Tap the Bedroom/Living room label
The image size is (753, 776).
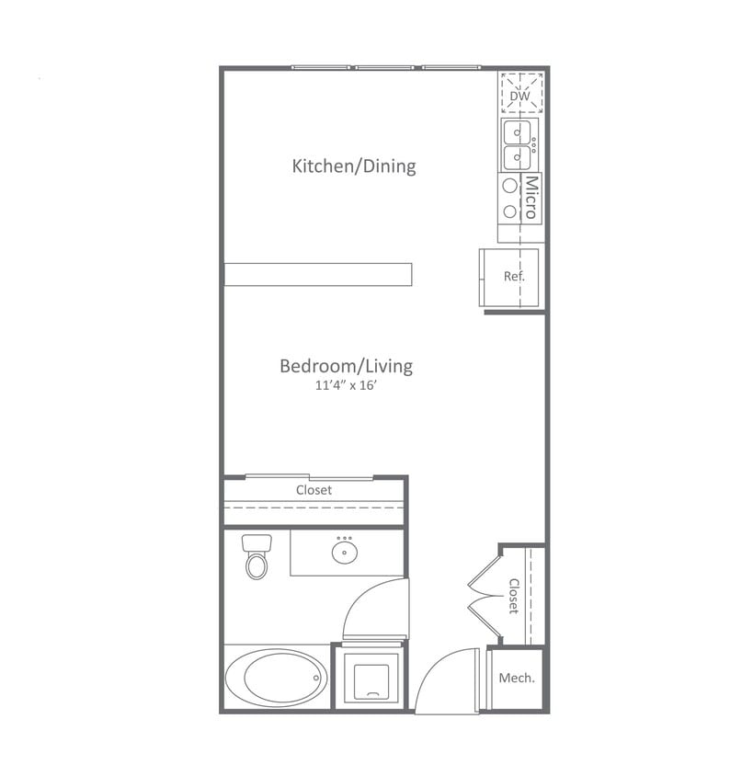click(x=346, y=366)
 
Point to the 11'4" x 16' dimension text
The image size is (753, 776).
click(x=346, y=387)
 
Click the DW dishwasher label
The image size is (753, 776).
click(x=520, y=94)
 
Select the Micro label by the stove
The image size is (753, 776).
click(x=531, y=198)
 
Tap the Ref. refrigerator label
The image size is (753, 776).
click(x=514, y=276)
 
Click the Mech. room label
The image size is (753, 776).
click(x=517, y=679)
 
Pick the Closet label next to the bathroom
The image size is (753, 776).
click(x=314, y=490)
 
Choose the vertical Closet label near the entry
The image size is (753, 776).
click(x=514, y=595)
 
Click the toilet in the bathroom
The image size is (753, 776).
click(x=257, y=557)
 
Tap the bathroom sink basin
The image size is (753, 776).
click(x=347, y=552)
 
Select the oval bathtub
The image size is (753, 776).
click(x=275, y=678)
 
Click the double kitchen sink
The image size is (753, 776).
click(x=518, y=144)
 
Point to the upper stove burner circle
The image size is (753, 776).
click(x=509, y=186)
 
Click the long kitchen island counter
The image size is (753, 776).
click(x=318, y=274)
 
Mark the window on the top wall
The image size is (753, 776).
click(x=386, y=67)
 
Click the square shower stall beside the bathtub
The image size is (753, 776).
click(x=370, y=679)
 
